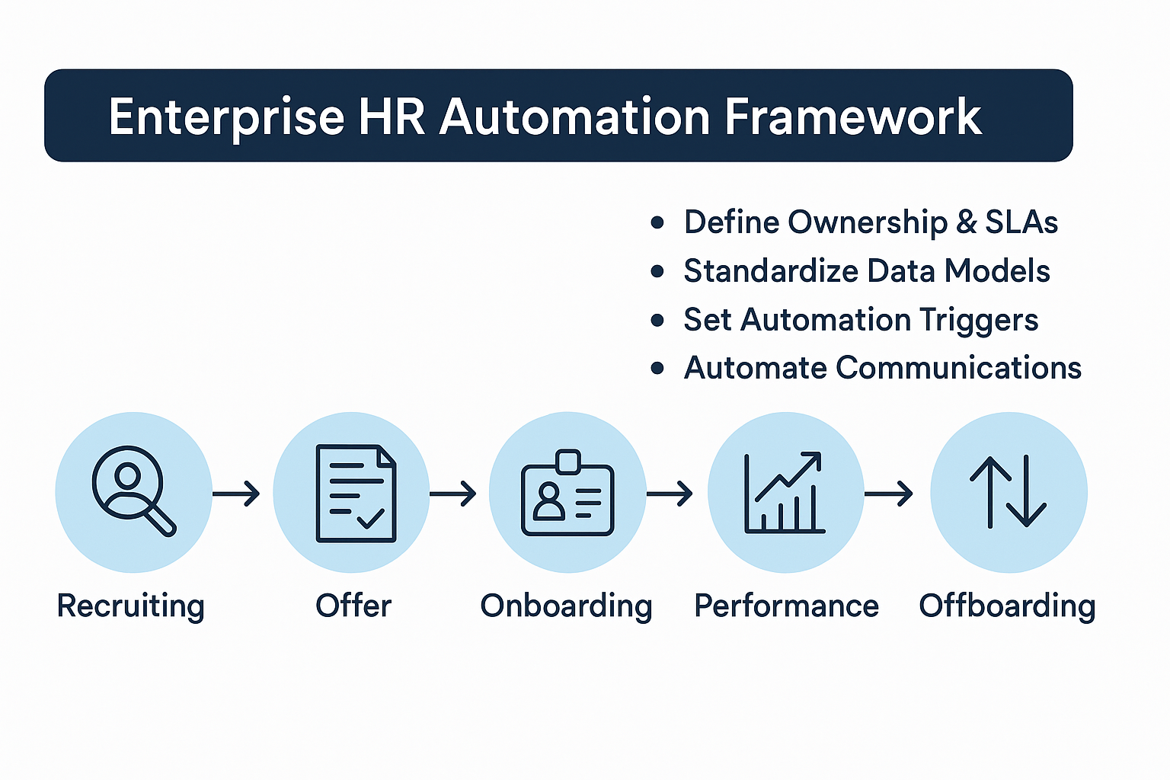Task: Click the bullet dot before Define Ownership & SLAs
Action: [657, 222]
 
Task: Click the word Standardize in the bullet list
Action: [769, 271]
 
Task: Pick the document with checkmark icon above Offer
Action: [356, 493]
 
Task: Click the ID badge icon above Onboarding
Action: [567, 493]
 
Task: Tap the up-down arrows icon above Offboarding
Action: [1008, 492]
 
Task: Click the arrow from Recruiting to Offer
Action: [236, 494]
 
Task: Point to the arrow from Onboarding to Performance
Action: [670, 494]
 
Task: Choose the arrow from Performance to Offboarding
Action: [889, 494]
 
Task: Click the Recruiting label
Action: [130, 606]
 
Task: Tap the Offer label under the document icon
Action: [353, 606]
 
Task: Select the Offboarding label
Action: [1007, 606]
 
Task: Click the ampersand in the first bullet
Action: [966, 222]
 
